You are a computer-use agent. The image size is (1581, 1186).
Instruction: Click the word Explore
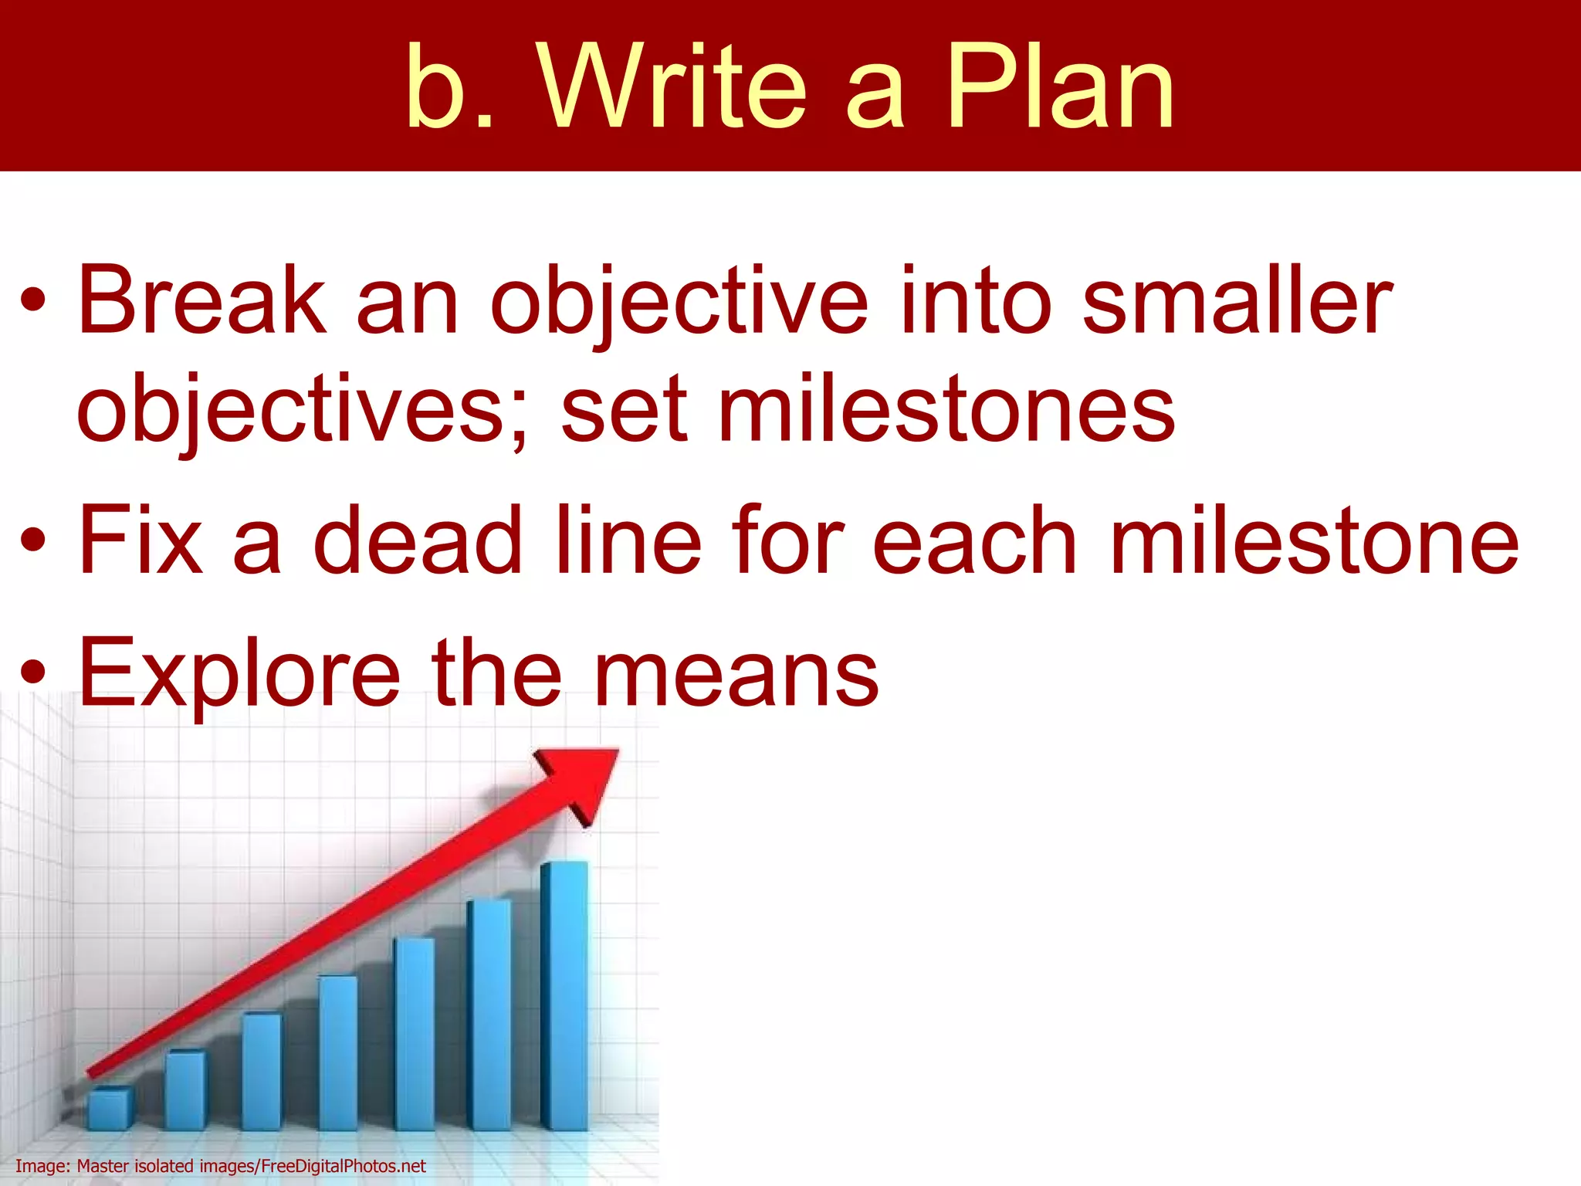click(x=239, y=673)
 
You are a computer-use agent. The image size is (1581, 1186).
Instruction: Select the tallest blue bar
click(x=564, y=996)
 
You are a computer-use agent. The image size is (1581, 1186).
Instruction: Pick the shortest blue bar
click(x=110, y=1109)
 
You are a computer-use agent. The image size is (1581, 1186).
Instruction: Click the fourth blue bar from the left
click(x=338, y=1053)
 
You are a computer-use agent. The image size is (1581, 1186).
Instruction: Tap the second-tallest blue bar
click(x=489, y=1015)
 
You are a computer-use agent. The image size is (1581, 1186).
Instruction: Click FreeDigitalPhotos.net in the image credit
click(x=344, y=1166)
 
